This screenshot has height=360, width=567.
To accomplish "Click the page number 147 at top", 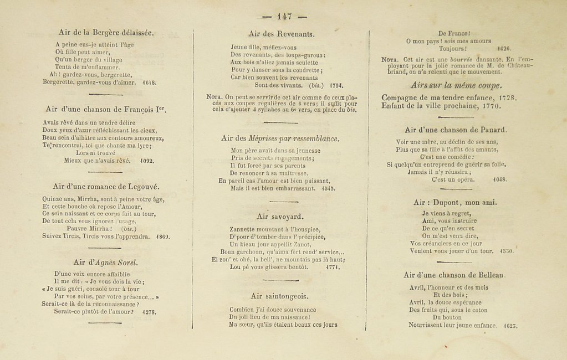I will pos(284,17).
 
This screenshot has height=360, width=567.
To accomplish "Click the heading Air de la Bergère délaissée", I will pos(106,32).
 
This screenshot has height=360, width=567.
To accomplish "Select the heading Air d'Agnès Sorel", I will pos(105,262).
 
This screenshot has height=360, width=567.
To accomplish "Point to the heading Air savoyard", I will pos(280,216).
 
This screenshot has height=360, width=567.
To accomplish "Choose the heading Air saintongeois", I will pos(279,296).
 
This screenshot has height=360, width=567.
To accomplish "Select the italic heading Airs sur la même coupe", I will pos(456,85).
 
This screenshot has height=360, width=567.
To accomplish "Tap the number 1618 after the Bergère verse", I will pos(150,82).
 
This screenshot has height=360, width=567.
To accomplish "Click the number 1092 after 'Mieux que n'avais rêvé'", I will pos(146,161).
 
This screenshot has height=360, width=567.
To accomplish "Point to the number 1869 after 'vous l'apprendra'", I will pos(162,236).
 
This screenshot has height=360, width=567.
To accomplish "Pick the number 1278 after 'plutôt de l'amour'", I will pos(149,312).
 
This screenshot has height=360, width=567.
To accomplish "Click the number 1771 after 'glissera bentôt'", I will pos(332,267).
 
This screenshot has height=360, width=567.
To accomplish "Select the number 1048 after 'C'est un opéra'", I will pos(500,179).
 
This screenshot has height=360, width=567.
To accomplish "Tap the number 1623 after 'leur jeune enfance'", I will pos(510,326).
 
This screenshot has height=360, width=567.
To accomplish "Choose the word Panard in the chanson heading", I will pos(489,130).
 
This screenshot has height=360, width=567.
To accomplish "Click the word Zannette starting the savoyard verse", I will pos(244,229).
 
